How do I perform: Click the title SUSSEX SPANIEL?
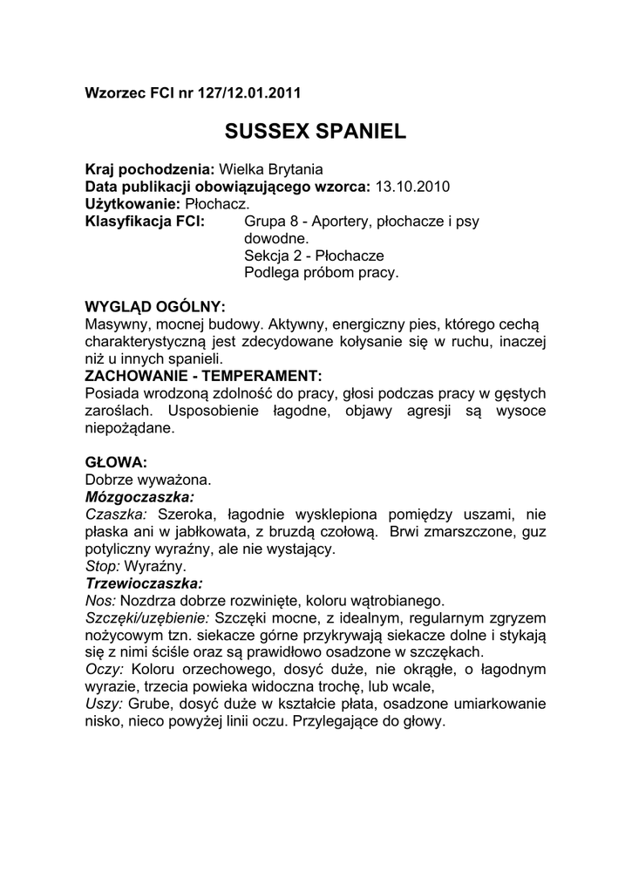pyautogui.click(x=316, y=132)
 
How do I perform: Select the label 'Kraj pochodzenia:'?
pyautogui.click(x=149, y=171)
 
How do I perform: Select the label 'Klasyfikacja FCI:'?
pyautogui.click(x=145, y=222)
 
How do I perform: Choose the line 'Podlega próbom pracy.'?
pyautogui.click(x=321, y=272)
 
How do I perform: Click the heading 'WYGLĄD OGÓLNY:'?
pyautogui.click(x=154, y=307)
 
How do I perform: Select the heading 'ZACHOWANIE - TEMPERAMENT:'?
pyautogui.click(x=202, y=375)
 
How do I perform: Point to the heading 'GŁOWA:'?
pyautogui.click(x=115, y=460)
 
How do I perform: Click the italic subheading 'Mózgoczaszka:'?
pyautogui.click(x=139, y=495)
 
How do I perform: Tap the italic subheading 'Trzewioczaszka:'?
pyautogui.click(x=143, y=582)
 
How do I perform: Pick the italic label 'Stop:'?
pyautogui.click(x=103, y=565)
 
